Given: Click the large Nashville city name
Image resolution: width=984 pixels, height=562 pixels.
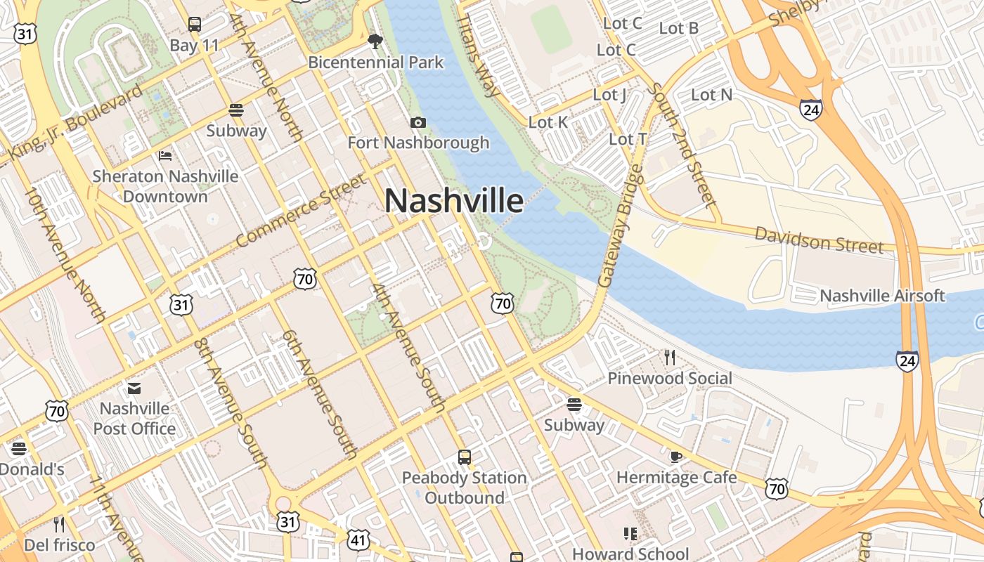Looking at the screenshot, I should pos(454,202).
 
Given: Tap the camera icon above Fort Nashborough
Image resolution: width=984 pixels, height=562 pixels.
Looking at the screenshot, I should pos(418,123).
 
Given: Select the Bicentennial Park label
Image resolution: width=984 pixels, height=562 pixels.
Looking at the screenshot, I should pos(376,63).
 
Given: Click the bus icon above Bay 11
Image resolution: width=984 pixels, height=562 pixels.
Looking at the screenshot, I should pos(195,25).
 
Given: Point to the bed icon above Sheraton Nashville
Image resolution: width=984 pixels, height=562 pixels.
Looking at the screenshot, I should pos(165,155).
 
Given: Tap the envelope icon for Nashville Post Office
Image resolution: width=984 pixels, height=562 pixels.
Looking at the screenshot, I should pos(134,388).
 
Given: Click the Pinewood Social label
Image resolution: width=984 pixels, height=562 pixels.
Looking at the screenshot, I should pos(669,379).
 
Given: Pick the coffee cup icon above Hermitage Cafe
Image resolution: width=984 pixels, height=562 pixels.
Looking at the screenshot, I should pos(676,457).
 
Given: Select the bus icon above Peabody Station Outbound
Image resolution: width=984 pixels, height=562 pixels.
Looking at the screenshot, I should pos(465,457).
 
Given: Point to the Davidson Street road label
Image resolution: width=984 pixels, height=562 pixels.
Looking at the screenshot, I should pos(819,240).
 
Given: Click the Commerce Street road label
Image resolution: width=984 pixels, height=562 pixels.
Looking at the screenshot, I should pos(302,211).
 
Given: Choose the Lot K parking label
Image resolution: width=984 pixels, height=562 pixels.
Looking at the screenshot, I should pos(548,122).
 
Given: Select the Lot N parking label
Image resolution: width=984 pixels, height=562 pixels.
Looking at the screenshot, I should pos(711,94).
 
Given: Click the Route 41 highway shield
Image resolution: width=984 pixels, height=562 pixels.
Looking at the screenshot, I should pos(358,540).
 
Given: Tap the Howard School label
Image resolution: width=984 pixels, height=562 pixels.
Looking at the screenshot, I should pos(630,554).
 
